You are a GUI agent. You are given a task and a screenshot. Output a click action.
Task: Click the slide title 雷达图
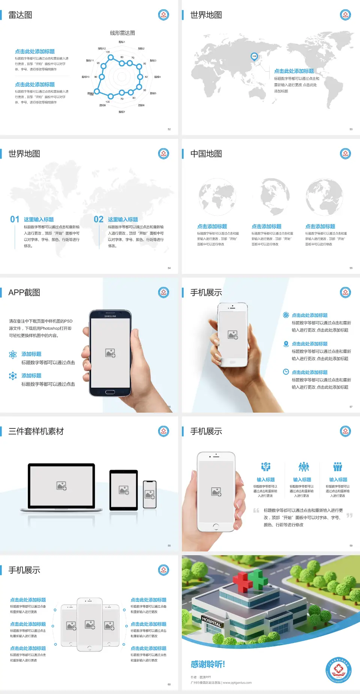(x=20, y=15)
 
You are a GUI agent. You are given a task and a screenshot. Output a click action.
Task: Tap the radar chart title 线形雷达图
(x=122, y=33)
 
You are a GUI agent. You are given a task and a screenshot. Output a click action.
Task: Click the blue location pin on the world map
(x=254, y=56)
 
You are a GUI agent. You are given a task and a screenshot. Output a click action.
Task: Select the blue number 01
(x=15, y=219)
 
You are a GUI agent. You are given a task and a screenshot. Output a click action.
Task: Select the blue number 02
(x=99, y=219)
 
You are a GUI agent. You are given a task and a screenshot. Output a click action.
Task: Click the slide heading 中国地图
(x=206, y=154)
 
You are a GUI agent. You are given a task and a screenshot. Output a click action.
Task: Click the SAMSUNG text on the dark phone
(x=110, y=316)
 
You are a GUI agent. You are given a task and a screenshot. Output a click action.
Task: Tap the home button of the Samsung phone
(x=110, y=392)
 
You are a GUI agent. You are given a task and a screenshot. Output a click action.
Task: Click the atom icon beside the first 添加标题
(x=13, y=355)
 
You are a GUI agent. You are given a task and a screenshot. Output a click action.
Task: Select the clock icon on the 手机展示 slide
(x=286, y=372)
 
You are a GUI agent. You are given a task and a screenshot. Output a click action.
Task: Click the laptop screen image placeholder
(x=61, y=486)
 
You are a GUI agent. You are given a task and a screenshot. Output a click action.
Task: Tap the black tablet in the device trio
(x=124, y=490)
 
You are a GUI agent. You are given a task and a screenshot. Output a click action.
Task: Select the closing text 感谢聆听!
(x=207, y=664)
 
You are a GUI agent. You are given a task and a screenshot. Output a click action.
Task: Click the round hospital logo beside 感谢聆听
(x=339, y=670)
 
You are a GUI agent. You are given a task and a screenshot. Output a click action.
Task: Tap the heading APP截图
(x=24, y=293)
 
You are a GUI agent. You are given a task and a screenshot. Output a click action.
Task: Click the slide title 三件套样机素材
(x=36, y=431)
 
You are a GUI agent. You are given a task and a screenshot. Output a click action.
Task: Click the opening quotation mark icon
(x=256, y=510)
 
